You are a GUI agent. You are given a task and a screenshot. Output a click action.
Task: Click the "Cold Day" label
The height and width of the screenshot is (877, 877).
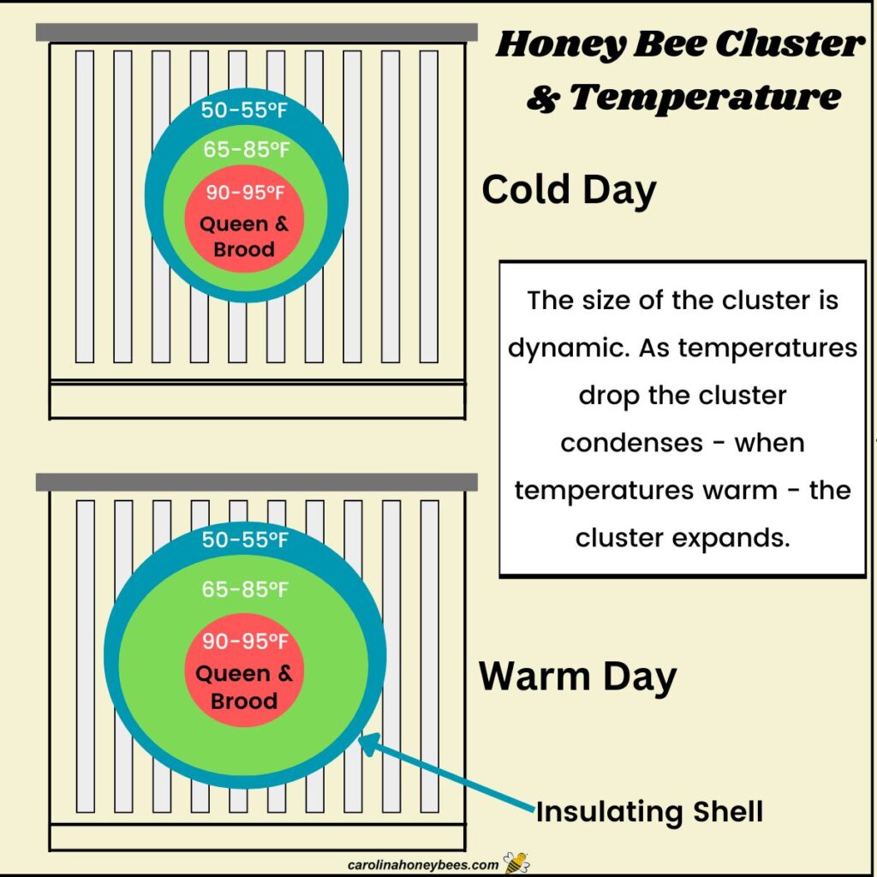(569, 189)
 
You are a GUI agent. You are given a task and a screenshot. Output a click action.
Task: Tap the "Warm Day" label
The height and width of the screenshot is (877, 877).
(577, 676)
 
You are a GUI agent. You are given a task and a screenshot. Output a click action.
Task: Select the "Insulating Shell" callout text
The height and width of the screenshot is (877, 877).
(649, 811)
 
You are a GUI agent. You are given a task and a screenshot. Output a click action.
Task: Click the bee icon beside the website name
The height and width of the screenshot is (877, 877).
(516, 862)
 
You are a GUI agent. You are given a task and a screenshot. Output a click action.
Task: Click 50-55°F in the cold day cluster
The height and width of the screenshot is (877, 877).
(245, 110)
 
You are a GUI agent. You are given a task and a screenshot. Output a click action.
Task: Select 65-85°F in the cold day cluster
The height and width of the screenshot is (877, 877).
(247, 151)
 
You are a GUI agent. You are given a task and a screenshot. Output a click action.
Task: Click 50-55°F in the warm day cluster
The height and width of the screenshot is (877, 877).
(245, 540)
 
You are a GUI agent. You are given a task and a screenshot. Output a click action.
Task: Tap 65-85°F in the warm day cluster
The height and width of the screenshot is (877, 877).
(245, 589)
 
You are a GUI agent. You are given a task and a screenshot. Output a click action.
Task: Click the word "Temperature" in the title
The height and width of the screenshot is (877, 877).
(704, 98)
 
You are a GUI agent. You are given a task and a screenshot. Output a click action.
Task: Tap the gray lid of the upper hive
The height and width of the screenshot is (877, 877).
(256, 33)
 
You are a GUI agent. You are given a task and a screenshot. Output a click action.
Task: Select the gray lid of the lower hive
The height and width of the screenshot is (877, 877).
(256, 482)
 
